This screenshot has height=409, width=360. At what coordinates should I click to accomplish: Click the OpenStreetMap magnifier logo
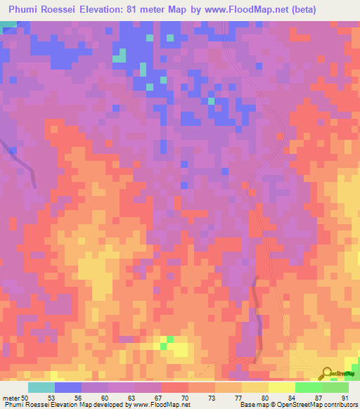328,373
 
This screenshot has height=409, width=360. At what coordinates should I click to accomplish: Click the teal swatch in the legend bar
41,387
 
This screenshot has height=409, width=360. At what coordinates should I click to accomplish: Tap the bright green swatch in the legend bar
308,387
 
